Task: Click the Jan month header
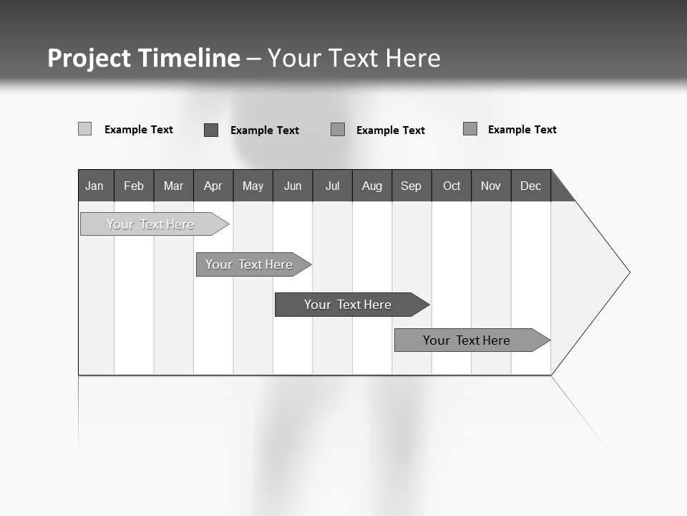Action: (x=94, y=186)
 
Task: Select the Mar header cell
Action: (x=173, y=186)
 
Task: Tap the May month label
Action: (x=253, y=186)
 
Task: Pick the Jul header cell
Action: (x=332, y=186)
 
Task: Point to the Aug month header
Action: (x=372, y=186)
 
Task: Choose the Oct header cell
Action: (x=452, y=186)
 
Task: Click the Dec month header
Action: (x=531, y=186)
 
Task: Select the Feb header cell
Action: (x=134, y=186)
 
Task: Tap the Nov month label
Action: (x=491, y=186)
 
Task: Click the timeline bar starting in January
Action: (x=150, y=224)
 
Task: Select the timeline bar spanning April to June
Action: (x=249, y=264)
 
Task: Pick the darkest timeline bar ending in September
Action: (x=348, y=305)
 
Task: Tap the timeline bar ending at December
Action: (x=467, y=340)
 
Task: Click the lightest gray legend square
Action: (x=85, y=129)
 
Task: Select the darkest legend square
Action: (x=211, y=130)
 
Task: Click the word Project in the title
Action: (x=89, y=58)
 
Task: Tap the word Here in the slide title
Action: (x=413, y=58)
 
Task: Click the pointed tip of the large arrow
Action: (x=628, y=272)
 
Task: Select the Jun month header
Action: (x=293, y=186)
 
